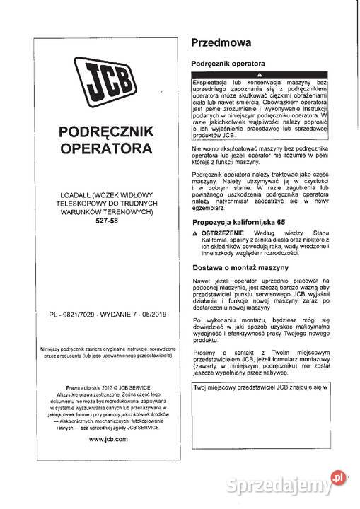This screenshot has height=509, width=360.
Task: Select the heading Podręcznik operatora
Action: click(230, 63)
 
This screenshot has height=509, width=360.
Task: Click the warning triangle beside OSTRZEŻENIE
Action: click(195, 233)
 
